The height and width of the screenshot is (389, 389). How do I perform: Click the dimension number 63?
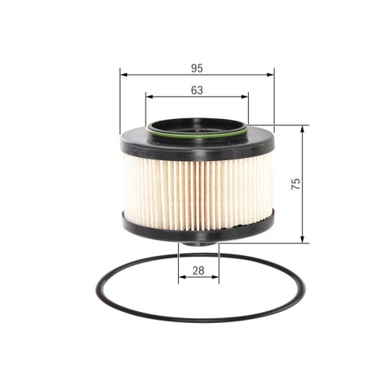pyautogui.click(x=196, y=90)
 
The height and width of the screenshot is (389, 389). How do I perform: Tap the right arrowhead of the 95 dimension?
pyautogui.click(x=271, y=75)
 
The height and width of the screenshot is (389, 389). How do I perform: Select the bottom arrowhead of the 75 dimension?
pyautogui.click(x=303, y=238)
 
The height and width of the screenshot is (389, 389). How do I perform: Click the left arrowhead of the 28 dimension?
pyautogui.click(x=182, y=277)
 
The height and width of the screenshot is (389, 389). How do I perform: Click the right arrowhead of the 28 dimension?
pyautogui.click(x=216, y=277)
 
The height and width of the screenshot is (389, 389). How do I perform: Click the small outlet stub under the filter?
pyautogui.click(x=199, y=240)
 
